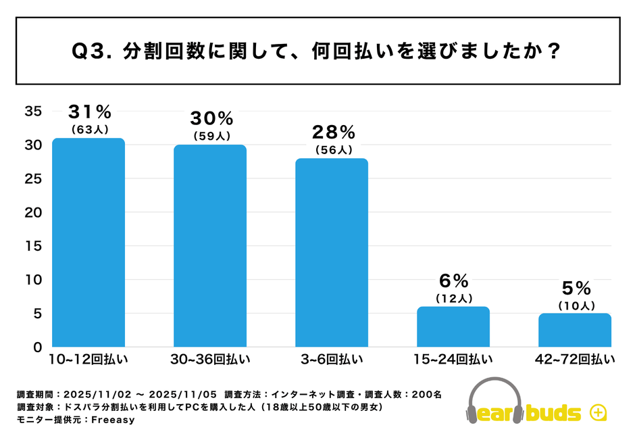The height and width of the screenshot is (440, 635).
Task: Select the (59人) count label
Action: pyautogui.click(x=211, y=136)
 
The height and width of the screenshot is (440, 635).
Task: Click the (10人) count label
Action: pyautogui.click(x=576, y=305)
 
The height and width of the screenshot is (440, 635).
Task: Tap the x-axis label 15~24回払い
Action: pyautogui.click(x=453, y=360)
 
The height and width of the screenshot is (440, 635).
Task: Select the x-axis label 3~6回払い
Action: pyautogui.click(x=332, y=360)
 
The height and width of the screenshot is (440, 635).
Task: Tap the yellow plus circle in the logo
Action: pyautogui.click(x=596, y=412)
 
